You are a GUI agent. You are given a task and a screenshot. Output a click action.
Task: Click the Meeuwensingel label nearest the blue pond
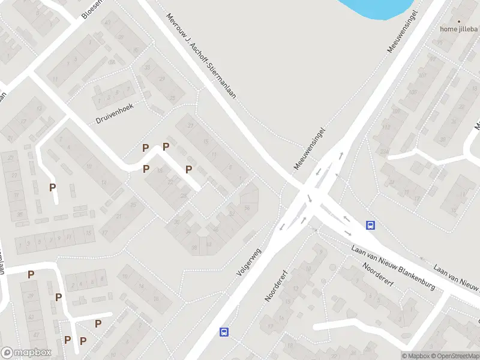coord(403,31)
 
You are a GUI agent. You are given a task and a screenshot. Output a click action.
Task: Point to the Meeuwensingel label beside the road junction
coord(309,148)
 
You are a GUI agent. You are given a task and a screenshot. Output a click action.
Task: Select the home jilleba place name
coord(458,28)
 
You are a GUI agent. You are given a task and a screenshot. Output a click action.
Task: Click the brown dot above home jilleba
coord(459,20)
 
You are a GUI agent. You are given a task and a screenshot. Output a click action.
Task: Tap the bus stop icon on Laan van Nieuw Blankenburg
coord(371,226)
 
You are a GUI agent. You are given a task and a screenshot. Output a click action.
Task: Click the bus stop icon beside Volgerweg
coord(224,331)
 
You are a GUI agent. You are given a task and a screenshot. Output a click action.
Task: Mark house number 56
coord(247,207)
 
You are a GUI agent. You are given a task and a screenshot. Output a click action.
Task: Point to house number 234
coord(383,151)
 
